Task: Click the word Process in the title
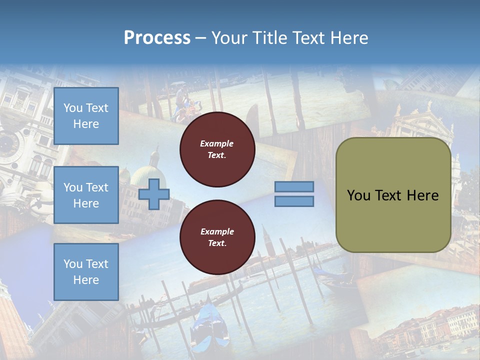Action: pos(157,38)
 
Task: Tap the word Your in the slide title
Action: pos(228,38)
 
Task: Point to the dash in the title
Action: pos(200,38)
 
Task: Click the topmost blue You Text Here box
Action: pos(86,116)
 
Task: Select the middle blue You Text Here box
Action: pos(86,195)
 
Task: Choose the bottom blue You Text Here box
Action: pos(86,271)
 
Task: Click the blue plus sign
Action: pos(154,194)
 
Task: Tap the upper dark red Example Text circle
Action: pos(217,149)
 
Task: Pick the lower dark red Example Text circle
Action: pos(217,237)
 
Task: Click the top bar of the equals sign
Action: pos(294,186)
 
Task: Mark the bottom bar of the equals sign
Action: pos(294,201)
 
